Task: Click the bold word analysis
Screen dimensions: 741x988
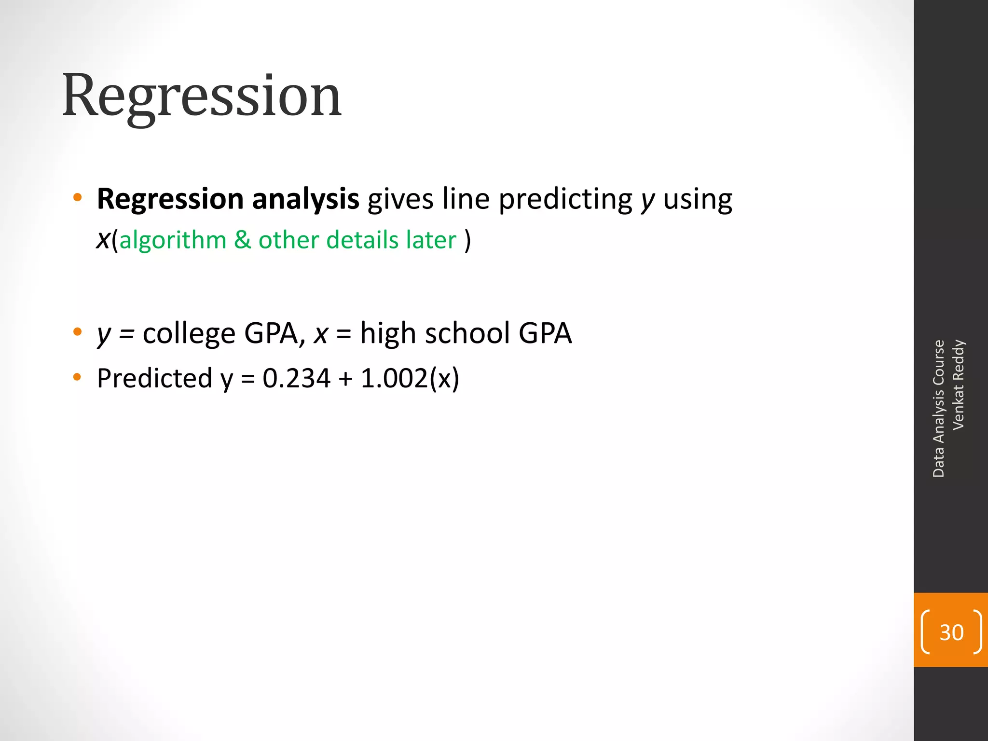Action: (305, 199)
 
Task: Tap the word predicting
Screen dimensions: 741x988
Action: (565, 199)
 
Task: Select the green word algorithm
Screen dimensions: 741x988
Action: (173, 240)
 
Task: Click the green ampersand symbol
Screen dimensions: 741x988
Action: (243, 240)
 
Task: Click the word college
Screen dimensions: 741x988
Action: (189, 333)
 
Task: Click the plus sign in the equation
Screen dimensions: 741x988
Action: (345, 379)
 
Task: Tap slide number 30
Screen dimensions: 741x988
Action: (951, 632)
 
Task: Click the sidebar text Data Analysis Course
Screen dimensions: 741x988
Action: (938, 408)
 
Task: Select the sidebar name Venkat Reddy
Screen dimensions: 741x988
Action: (958, 384)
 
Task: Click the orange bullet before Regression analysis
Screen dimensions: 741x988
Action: (77, 197)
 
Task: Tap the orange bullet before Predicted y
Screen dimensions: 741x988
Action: (77, 377)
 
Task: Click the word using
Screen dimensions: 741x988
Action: (697, 199)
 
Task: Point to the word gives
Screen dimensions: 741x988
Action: (400, 199)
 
